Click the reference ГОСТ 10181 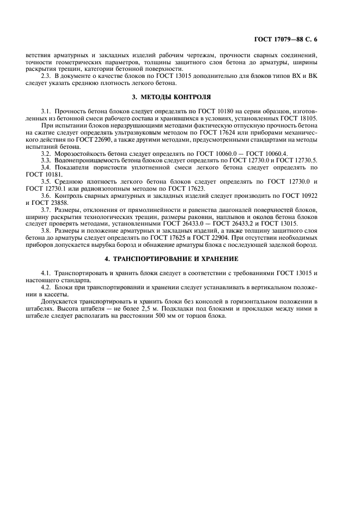click(x=41, y=174)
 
